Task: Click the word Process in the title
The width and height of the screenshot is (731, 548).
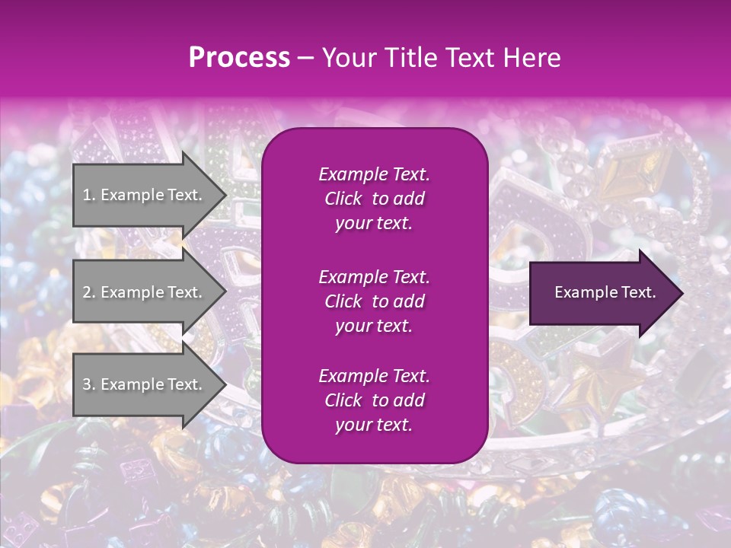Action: click(x=239, y=58)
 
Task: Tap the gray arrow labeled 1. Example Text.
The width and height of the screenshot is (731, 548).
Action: click(x=145, y=195)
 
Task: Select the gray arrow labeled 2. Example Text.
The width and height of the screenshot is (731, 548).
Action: click(x=145, y=292)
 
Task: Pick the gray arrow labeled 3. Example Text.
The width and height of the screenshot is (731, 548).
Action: click(x=145, y=384)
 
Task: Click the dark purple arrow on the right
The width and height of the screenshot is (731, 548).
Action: click(x=602, y=293)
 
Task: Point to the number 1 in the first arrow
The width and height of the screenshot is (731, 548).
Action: click(x=87, y=195)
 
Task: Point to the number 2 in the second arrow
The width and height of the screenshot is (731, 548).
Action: click(x=87, y=292)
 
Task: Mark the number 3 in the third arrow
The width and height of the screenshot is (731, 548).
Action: click(x=87, y=384)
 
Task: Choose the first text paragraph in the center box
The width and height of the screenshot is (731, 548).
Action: click(x=374, y=199)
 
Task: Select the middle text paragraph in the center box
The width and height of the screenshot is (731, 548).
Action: click(x=374, y=301)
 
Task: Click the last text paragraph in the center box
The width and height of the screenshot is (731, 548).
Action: click(x=374, y=400)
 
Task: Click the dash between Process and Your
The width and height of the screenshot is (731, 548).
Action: click(x=305, y=59)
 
